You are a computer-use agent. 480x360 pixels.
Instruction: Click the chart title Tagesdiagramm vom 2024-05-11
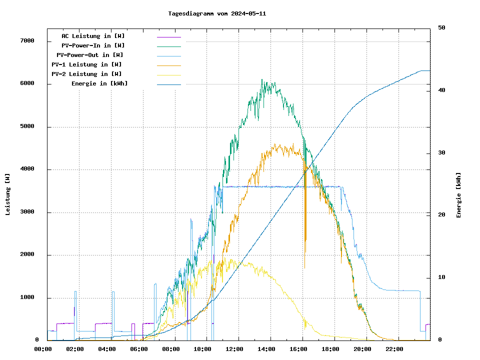click(x=217, y=13)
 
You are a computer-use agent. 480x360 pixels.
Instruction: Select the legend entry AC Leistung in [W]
click(x=93, y=36)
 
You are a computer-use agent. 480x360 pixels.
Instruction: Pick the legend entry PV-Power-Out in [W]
click(x=90, y=55)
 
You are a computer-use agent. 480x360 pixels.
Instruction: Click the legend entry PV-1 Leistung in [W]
click(x=86, y=64)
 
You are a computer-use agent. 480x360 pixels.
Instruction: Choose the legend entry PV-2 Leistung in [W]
click(x=86, y=74)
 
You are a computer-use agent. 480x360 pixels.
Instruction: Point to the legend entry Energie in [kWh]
click(x=99, y=83)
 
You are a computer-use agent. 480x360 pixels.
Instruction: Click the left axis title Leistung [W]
click(x=8, y=194)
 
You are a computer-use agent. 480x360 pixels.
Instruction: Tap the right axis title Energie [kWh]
click(x=458, y=195)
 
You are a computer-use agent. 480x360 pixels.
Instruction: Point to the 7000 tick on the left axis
click(x=27, y=41)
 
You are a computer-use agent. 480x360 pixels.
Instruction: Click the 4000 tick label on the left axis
click(x=27, y=169)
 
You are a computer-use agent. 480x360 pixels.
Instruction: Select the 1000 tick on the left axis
click(x=27, y=298)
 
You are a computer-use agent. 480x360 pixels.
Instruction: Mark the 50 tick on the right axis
click(x=442, y=28)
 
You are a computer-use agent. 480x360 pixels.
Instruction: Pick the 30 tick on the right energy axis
click(x=442, y=153)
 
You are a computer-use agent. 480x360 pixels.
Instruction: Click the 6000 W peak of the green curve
click(x=261, y=80)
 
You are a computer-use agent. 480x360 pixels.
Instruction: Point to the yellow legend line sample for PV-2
click(x=168, y=74)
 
